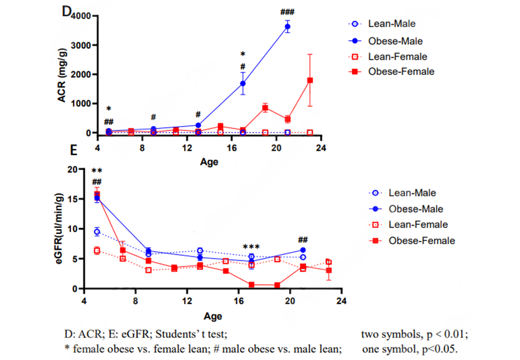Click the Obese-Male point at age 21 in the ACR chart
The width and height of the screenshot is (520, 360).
287,27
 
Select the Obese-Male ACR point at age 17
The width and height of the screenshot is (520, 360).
243,83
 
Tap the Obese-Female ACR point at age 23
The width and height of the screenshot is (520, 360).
309,80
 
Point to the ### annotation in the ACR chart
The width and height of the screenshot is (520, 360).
287,12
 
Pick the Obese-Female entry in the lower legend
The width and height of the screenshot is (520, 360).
418,240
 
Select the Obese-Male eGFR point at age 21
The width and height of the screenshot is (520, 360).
302,250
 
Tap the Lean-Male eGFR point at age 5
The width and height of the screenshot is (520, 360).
97,232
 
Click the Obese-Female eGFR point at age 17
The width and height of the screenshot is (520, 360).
251,285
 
